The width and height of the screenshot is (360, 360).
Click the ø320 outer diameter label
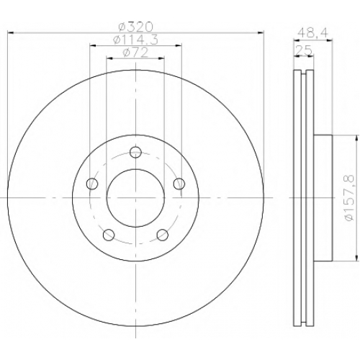tap(135, 27)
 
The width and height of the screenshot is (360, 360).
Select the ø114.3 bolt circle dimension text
tap(135, 40)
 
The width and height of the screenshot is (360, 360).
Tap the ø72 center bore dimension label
tap(135, 53)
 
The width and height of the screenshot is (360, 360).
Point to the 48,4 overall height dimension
tap(312, 33)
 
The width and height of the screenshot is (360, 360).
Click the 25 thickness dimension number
tap(304, 50)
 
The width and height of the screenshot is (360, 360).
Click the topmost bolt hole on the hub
tap(135, 152)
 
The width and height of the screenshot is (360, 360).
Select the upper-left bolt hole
tap(92, 184)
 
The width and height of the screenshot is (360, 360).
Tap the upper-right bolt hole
tap(179, 184)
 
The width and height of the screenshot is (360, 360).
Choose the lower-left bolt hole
tap(109, 235)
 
